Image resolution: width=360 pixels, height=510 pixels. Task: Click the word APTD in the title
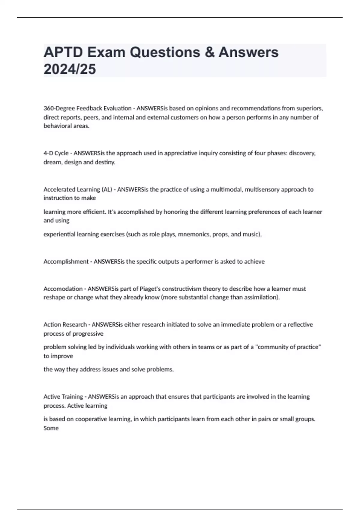(63, 52)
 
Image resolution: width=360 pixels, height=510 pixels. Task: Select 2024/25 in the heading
(70, 69)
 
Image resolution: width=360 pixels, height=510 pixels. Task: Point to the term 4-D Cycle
(56, 153)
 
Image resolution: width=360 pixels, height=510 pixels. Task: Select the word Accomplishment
(66, 262)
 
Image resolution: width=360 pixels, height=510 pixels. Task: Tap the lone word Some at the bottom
(51, 428)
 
